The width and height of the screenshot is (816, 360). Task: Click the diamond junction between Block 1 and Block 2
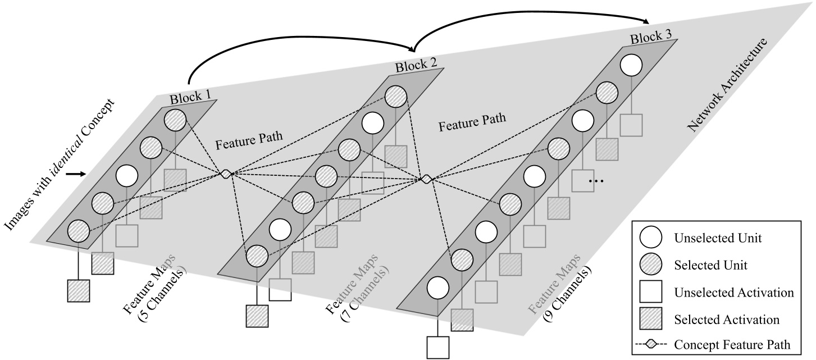click(225, 174)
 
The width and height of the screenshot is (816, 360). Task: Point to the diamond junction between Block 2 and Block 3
click(426, 179)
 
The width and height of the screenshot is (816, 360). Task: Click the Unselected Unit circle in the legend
click(651, 238)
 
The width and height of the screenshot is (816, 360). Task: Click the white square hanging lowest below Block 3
click(438, 347)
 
